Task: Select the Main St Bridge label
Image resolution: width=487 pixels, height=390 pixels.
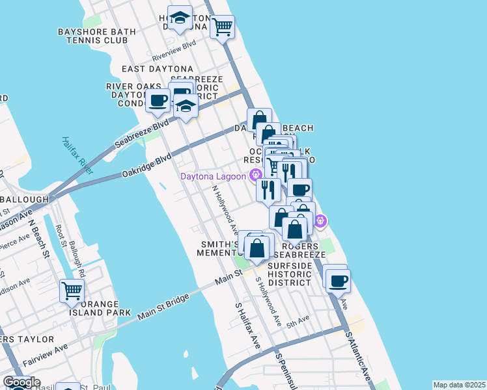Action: point(163,307)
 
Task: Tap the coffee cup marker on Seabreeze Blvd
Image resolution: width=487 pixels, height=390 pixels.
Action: point(158,101)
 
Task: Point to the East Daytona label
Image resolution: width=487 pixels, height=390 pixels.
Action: point(158,69)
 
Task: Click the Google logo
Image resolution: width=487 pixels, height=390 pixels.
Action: point(21,382)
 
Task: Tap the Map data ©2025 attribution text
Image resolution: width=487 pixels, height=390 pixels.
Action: point(459,385)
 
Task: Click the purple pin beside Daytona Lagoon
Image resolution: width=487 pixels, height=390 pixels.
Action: point(255,174)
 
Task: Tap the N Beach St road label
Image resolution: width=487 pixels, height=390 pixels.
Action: point(38,237)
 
